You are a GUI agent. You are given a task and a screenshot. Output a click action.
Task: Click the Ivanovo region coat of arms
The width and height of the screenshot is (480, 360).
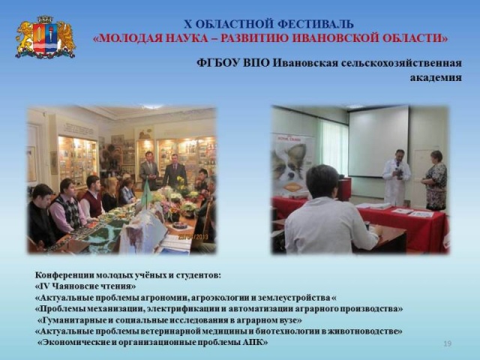[x=45, y=37]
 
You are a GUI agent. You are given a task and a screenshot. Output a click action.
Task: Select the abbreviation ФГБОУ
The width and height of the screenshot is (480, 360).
[x=218, y=63]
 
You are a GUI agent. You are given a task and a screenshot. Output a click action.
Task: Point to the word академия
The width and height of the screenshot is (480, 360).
[x=436, y=77]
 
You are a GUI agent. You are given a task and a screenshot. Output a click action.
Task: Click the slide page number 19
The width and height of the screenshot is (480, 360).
[x=447, y=343]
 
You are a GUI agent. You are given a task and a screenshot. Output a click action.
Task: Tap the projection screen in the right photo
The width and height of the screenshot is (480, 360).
[x=378, y=141]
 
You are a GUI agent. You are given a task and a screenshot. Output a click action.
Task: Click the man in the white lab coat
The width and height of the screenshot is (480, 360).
[x=396, y=178]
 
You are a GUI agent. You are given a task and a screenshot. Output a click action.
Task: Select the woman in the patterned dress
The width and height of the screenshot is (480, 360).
[x=435, y=180]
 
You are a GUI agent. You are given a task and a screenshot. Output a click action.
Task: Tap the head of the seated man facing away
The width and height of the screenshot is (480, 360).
[x=322, y=181]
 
